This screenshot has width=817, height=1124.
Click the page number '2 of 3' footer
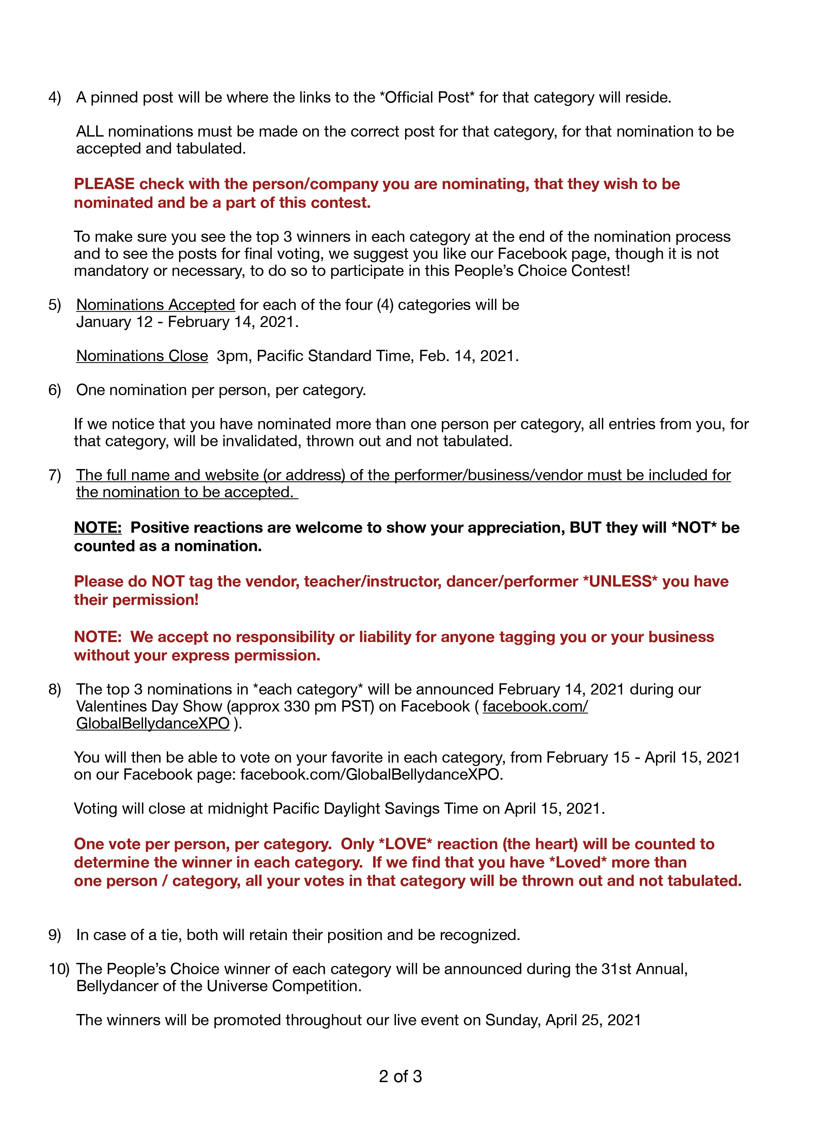point(400,1076)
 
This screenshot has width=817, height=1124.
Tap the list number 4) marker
point(54,98)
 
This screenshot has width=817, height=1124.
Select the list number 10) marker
point(59,969)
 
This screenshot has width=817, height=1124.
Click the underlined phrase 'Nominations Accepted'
point(156,305)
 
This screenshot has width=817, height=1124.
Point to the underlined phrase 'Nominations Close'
point(142,356)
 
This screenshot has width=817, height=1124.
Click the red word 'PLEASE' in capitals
point(104,184)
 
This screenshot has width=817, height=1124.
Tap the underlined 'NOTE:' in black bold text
point(98,528)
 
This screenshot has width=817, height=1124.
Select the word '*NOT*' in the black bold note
point(694,528)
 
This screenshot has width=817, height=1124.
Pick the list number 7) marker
point(54,475)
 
